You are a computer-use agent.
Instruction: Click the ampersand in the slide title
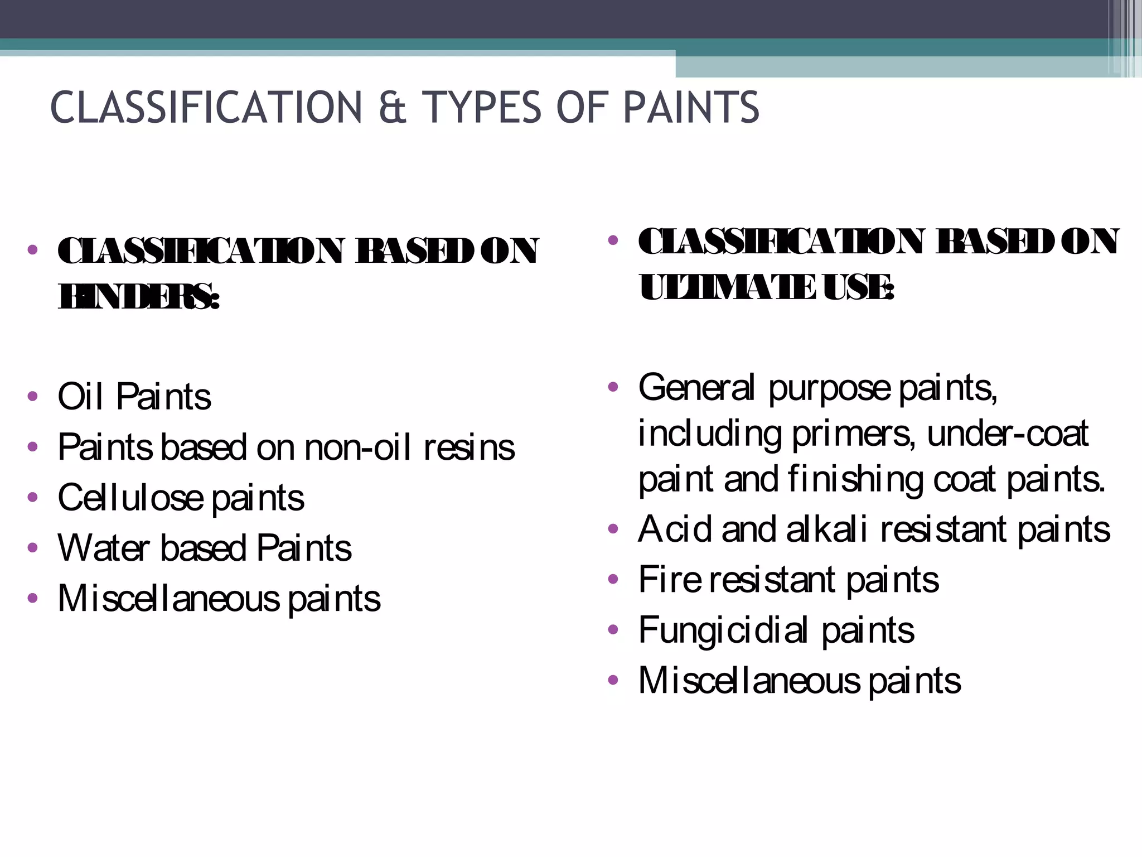[x=393, y=107]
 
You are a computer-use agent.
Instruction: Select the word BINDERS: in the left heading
[x=139, y=296]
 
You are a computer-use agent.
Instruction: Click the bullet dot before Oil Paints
[x=33, y=396]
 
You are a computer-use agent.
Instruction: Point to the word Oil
[x=81, y=396]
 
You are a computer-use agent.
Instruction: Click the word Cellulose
[x=130, y=498]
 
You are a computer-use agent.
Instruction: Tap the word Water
[x=103, y=548]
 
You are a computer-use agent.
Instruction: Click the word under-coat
[x=1007, y=434]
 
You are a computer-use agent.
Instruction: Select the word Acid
[x=675, y=529]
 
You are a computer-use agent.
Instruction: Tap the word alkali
[x=827, y=529]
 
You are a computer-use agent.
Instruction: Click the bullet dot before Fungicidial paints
[x=613, y=630]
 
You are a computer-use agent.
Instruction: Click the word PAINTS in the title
[x=691, y=107]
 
